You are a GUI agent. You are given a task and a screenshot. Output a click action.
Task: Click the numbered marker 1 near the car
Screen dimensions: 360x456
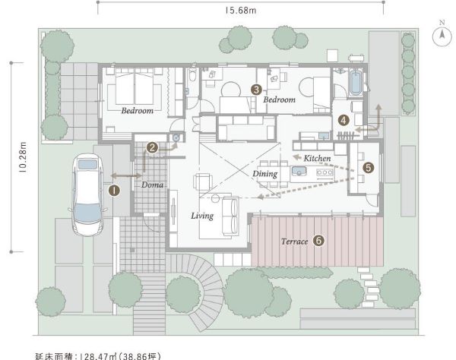tap(113, 191)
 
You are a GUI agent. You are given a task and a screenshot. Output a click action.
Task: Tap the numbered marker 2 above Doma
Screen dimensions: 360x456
tap(152, 148)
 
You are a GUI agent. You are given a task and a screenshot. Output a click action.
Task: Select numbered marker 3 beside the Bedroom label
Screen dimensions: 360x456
tap(257, 89)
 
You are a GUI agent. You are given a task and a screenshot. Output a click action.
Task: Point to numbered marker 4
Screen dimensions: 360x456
tap(344, 119)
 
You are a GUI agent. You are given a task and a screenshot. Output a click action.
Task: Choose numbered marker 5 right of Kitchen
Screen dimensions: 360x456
tap(369, 166)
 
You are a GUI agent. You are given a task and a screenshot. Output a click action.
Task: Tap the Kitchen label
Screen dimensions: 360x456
tap(317, 158)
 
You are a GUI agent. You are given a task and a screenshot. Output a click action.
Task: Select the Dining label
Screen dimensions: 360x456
tap(265, 174)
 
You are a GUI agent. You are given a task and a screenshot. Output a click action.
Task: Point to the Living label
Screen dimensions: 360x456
tap(202, 216)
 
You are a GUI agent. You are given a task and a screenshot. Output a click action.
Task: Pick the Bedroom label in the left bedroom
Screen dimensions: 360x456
tap(137, 111)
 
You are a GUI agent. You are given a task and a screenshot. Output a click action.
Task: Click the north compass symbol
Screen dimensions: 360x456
tap(440, 36)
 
